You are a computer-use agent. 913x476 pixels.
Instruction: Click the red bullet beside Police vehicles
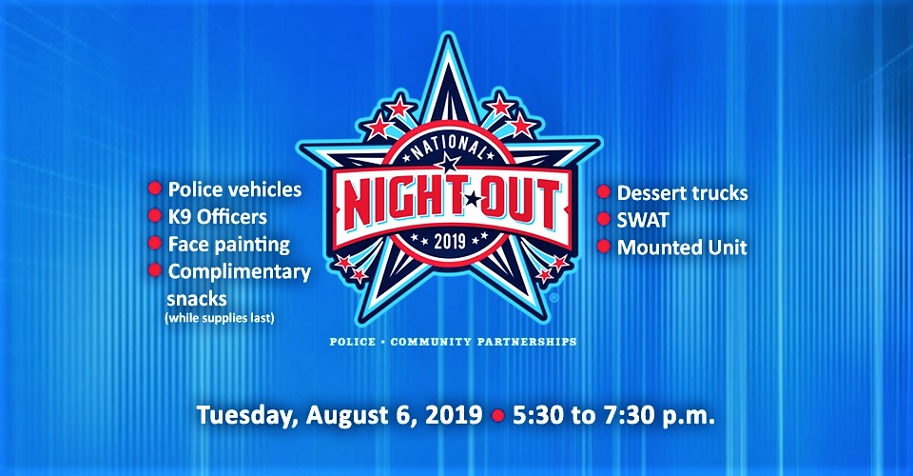pos(155,188)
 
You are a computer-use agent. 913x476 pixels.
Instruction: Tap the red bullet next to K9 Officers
pos(155,215)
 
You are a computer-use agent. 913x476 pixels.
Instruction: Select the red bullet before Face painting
pos(155,243)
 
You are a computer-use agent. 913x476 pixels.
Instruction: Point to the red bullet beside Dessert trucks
pos(604,191)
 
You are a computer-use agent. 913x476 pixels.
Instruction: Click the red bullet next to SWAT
pos(604,219)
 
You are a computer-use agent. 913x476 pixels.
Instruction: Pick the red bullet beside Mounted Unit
pos(604,247)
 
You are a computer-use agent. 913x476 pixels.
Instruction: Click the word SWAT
pos(643,220)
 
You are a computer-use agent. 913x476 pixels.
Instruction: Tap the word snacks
pos(197,299)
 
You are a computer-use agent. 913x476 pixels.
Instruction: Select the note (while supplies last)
pos(220,318)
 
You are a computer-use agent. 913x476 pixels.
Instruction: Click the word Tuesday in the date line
pos(248,416)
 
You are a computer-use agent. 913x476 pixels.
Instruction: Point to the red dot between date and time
pos(497,416)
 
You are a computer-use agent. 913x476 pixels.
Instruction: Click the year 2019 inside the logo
pos(450,240)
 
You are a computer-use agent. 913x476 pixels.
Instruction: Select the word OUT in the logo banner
pos(519,201)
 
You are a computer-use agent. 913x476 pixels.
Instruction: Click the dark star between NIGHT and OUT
pos(473,199)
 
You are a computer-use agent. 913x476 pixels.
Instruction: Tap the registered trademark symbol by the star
pos(554,298)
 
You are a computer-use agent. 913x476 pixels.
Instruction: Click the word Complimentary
pos(240,272)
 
